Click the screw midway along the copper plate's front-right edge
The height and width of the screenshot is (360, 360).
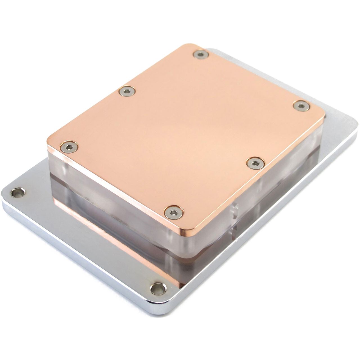click(x=255, y=162)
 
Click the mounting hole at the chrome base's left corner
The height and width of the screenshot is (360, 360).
click(x=17, y=192)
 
